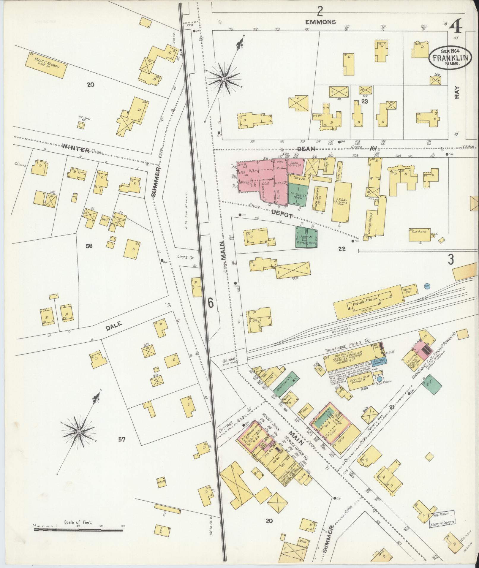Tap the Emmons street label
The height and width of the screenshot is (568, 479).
pyautogui.click(x=321, y=22)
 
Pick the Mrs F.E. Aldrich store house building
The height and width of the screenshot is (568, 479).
pyautogui.click(x=46, y=65)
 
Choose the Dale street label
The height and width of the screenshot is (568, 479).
pyautogui.click(x=114, y=325)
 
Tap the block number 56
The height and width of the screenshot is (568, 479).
pyautogui.click(x=89, y=246)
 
